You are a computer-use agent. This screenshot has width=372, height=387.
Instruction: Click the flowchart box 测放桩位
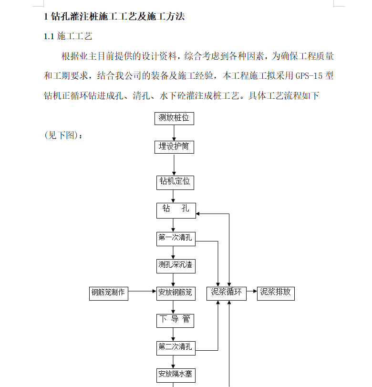tap(174, 118)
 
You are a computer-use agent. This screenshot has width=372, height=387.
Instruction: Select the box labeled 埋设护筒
tap(174, 146)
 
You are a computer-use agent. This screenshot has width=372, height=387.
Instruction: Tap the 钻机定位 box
tap(174, 181)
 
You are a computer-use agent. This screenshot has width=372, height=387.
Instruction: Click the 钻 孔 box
tap(176, 209)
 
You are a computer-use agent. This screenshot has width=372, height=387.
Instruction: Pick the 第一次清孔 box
tap(176, 238)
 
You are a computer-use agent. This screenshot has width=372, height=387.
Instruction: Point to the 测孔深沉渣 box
tap(176, 265)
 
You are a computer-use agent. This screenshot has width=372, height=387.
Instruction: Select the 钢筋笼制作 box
tap(109, 292)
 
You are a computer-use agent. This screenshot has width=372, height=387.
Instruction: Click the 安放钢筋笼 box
tap(176, 292)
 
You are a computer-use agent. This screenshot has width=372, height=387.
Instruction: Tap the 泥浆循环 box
tap(227, 292)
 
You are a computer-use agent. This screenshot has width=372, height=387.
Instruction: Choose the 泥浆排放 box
tap(276, 292)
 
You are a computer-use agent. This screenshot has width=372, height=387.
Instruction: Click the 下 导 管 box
tap(176, 320)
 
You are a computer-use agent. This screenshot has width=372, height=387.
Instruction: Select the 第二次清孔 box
tap(176, 347)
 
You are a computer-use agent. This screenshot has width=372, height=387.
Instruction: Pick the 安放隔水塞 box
tap(176, 374)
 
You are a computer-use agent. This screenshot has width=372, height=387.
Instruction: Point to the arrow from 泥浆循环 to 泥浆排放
tap(252, 291)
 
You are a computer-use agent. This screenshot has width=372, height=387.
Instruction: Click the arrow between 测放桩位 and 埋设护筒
tap(174, 133)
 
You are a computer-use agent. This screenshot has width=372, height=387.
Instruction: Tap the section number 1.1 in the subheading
tap(49, 36)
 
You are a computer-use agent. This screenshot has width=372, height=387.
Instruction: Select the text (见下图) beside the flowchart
tap(63, 135)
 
